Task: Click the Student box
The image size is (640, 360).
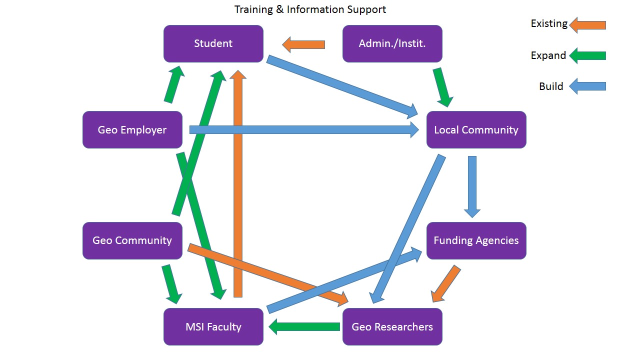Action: point(213,43)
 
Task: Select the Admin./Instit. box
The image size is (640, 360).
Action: point(392,43)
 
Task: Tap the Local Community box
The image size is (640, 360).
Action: point(476,130)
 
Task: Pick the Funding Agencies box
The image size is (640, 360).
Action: point(476,240)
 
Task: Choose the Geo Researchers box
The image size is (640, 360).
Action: point(392,327)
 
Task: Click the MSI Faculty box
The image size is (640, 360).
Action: point(213,327)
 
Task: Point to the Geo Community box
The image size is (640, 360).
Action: point(132,240)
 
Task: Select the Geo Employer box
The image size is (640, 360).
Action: point(132,130)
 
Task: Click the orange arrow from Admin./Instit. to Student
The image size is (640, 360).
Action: point(303,45)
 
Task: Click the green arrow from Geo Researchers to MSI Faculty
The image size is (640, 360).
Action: point(304,327)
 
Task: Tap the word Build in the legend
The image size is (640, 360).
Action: point(551,86)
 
